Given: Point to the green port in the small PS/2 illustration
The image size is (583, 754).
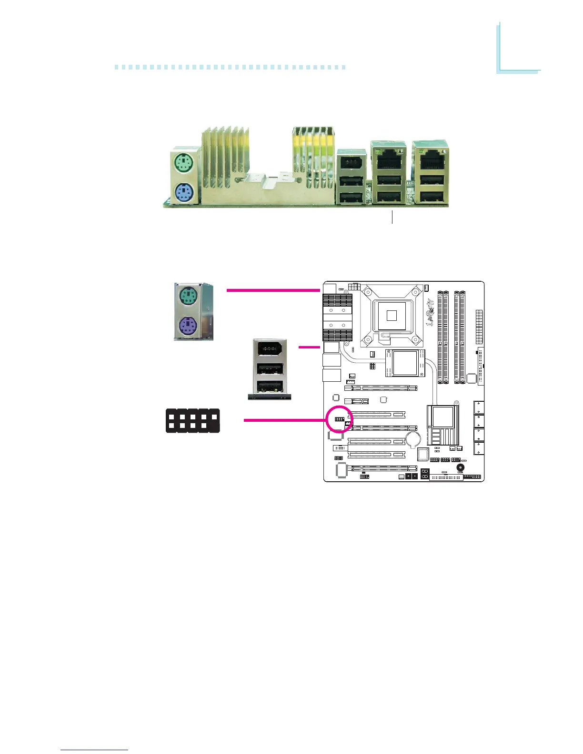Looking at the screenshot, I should [x=189, y=298].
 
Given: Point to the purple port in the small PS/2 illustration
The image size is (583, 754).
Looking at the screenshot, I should [x=189, y=327].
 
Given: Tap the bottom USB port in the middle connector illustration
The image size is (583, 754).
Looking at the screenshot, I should [x=270, y=386].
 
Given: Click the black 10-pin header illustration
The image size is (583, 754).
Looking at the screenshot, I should [x=192, y=421].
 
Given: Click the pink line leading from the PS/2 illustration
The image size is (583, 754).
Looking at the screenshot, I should [x=273, y=289].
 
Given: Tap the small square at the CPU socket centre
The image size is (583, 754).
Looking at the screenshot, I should [x=392, y=315].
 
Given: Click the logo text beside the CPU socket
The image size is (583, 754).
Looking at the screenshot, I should [x=430, y=313].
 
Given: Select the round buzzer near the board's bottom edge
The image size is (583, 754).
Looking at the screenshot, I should [x=460, y=467].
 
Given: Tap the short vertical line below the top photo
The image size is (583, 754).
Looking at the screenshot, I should [x=392, y=218].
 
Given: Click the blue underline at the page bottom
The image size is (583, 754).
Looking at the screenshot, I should [x=94, y=750].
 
